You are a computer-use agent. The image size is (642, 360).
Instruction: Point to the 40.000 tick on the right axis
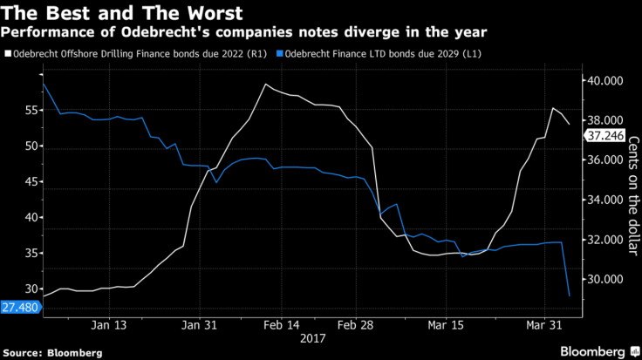[604, 80]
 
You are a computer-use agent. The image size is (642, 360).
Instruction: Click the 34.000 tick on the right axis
[604, 200]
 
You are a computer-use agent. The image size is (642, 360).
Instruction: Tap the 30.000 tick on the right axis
[604, 279]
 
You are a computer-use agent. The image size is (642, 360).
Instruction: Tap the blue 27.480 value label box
[20, 308]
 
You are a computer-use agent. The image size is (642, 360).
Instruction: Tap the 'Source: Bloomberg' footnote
[52, 353]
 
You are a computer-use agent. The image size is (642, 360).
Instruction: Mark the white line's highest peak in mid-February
[264, 84]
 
